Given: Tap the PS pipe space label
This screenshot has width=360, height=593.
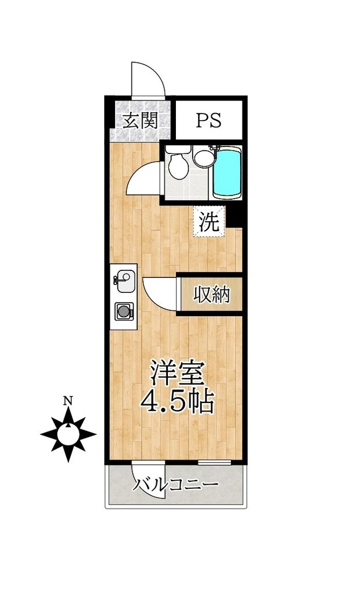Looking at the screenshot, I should point(208,120).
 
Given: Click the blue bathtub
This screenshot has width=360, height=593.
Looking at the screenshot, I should point(226,173).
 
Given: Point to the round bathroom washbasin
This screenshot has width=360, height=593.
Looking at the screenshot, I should point(203,158).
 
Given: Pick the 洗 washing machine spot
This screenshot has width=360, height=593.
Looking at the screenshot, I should point(209,221).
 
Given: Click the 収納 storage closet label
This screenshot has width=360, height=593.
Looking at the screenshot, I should point(211,295).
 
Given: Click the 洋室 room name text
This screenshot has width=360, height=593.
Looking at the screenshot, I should point(177,374).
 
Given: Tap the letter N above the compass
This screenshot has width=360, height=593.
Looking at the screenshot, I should point(68,400).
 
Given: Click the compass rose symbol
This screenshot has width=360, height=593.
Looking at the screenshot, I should point(68,433).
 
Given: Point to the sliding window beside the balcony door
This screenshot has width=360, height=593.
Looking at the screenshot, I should point(215,462).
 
